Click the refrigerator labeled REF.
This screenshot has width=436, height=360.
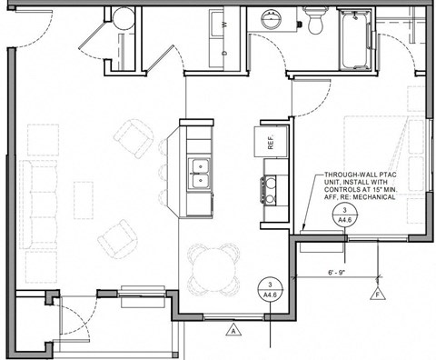tap(271, 142)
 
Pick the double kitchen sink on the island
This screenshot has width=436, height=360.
tap(198, 173)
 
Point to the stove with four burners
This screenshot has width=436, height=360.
tap(271, 189)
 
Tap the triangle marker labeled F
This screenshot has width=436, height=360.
tap(375, 295)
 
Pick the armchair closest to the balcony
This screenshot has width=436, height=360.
tap(116, 239)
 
